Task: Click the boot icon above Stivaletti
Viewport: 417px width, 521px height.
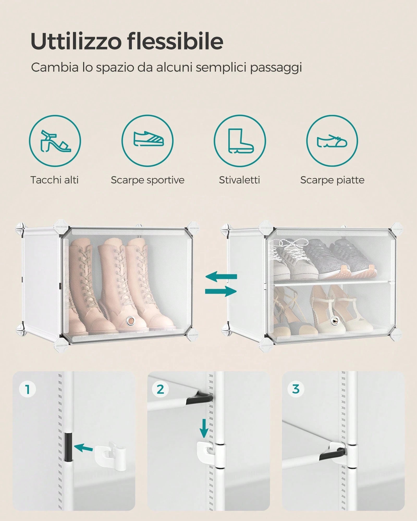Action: click(240, 141)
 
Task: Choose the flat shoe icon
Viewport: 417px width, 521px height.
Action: click(332, 141)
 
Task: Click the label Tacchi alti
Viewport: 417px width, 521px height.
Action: click(54, 180)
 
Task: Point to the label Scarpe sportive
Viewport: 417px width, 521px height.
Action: click(148, 180)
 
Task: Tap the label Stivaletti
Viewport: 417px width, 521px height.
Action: click(240, 180)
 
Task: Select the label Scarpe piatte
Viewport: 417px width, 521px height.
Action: click(332, 180)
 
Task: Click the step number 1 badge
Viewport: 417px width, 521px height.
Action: click(27, 389)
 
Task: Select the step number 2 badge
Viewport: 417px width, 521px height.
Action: click(160, 389)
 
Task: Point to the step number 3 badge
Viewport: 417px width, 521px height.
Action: click(296, 389)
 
